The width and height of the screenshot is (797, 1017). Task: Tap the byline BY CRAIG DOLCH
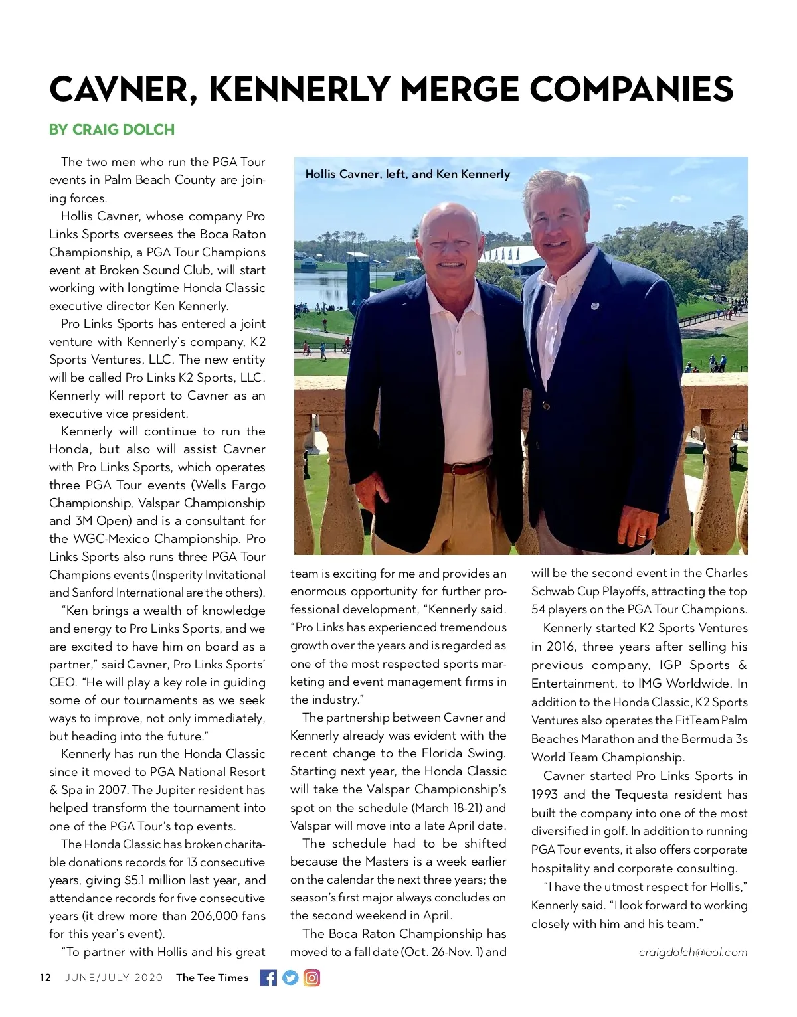click(112, 129)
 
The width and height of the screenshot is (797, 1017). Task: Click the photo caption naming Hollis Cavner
click(407, 174)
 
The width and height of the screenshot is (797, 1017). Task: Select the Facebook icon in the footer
click(268, 978)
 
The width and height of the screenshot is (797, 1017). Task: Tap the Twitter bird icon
click(290, 978)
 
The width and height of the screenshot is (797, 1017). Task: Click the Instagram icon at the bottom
click(311, 978)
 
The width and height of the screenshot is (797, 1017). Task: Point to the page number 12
click(45, 978)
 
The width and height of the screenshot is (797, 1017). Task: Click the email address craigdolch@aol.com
click(693, 952)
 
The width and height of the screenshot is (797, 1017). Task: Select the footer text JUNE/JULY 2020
click(114, 978)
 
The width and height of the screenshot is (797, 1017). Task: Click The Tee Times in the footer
click(212, 978)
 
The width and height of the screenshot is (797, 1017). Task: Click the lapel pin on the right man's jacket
click(595, 307)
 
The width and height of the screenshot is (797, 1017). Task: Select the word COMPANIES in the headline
click(631, 89)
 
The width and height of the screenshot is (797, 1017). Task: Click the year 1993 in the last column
click(545, 795)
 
